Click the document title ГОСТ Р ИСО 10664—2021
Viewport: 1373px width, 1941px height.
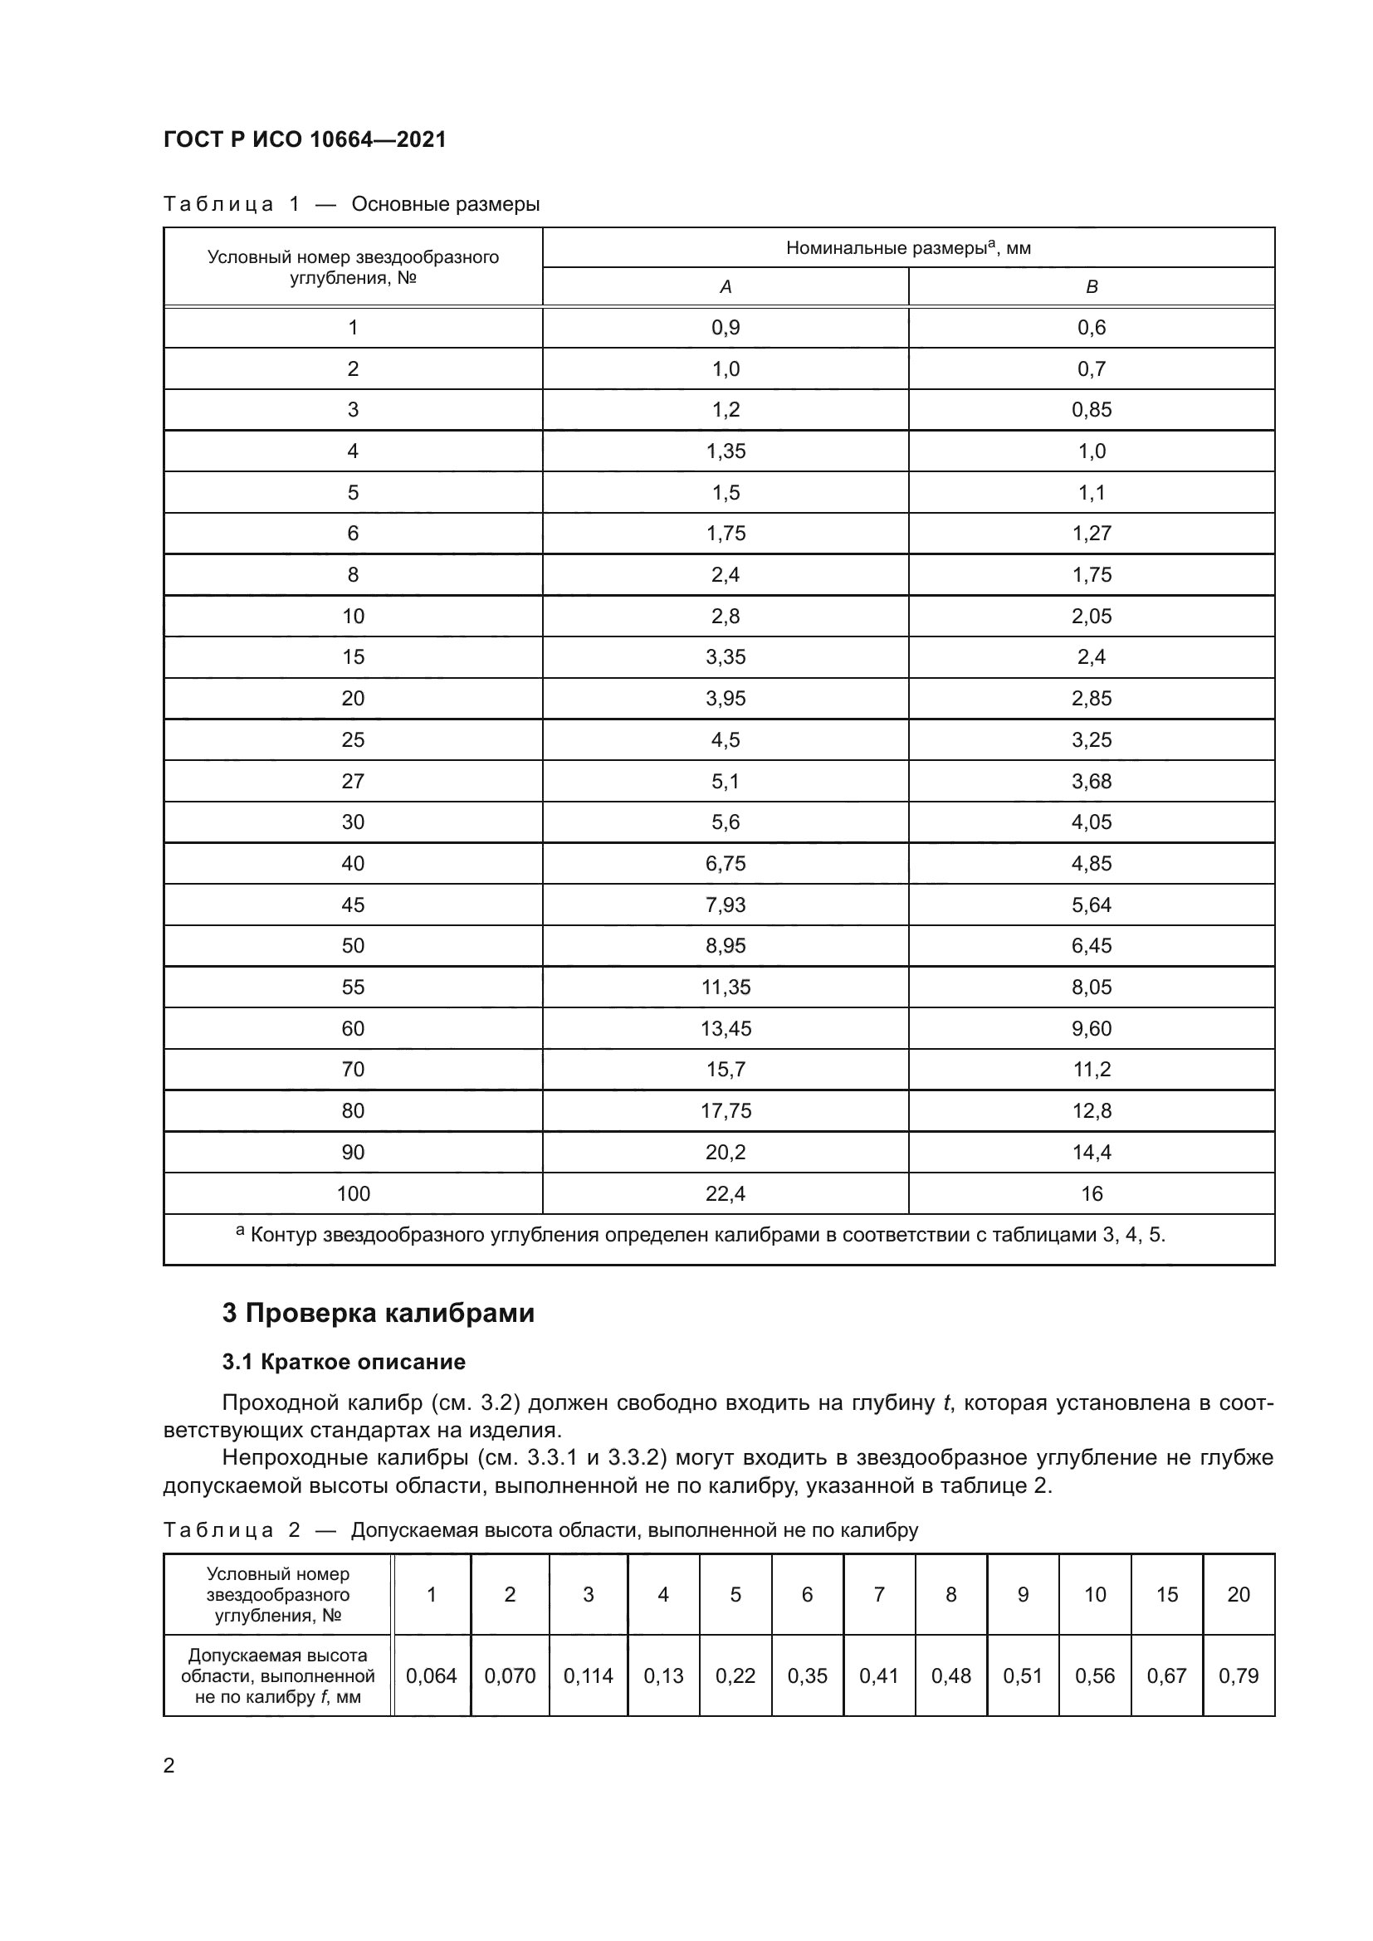pyautogui.click(x=305, y=139)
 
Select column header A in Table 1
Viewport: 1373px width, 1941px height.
pyautogui.click(x=726, y=287)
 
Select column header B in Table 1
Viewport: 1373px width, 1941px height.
pyautogui.click(x=1091, y=287)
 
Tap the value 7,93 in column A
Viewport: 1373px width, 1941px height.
pyautogui.click(x=726, y=905)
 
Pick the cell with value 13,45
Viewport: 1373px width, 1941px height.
pyautogui.click(x=726, y=1028)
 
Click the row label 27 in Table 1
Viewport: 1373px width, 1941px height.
pyautogui.click(x=353, y=781)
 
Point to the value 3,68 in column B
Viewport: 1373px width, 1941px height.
pyautogui.click(x=1091, y=781)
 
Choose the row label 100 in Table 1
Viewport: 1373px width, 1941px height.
pyautogui.click(x=353, y=1193)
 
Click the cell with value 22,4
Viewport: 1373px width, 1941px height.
pyautogui.click(x=726, y=1193)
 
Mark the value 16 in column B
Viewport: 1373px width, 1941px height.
pyautogui.click(x=1092, y=1193)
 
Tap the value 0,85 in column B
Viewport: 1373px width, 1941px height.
pyautogui.click(x=1091, y=410)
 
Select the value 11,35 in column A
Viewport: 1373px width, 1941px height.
pyautogui.click(x=726, y=988)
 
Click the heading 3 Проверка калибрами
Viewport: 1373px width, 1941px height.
pyautogui.click(x=378, y=1313)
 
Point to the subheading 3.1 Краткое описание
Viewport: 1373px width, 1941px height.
pyautogui.click(x=344, y=1362)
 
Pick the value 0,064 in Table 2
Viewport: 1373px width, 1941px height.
pyautogui.click(x=431, y=1675)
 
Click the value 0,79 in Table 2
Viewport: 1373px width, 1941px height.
pyautogui.click(x=1238, y=1675)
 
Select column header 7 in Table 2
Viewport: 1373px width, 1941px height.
pyautogui.click(x=878, y=1594)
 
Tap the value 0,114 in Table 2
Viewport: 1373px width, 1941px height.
pyautogui.click(x=588, y=1675)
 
